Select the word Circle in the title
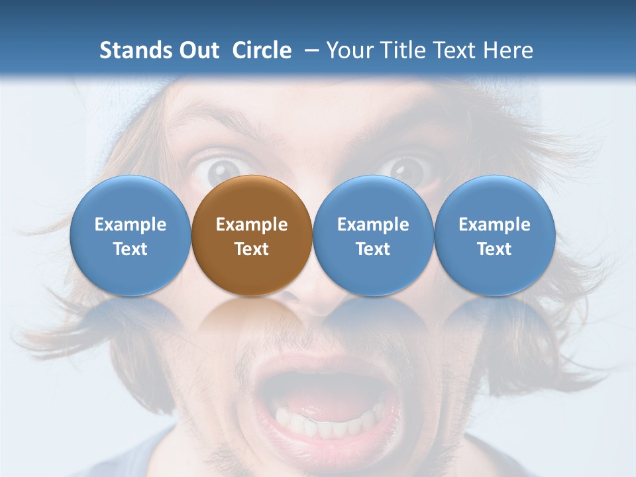pos(262,50)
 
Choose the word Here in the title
pos(508,50)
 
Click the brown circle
pos(252,235)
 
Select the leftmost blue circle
pos(131,235)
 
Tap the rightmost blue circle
pos(495,235)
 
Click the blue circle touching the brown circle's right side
pos(373,235)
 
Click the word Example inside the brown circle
pos(252,225)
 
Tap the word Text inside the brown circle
pos(252,249)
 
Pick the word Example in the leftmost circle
pos(131,225)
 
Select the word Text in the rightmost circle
pos(495,249)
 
